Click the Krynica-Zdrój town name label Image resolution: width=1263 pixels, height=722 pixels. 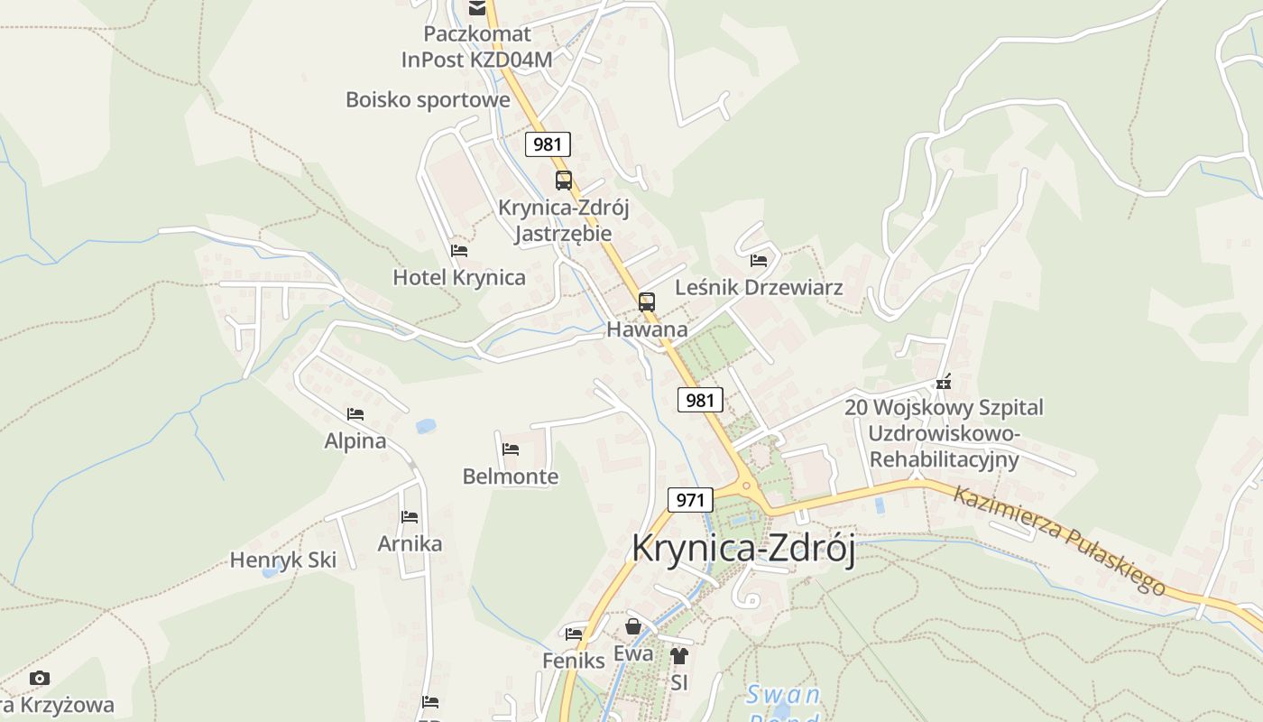click(x=743, y=549)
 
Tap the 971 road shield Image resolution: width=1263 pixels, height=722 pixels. click(x=690, y=500)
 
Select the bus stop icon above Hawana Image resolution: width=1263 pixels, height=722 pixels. click(x=646, y=302)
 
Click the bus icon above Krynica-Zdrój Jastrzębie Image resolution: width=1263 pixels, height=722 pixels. click(x=564, y=180)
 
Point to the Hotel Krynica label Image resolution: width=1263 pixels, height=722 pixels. click(x=459, y=277)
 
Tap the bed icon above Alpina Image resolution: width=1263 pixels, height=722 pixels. click(x=355, y=414)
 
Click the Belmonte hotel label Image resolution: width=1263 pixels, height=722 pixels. click(x=511, y=477)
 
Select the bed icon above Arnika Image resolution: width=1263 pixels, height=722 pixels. click(x=410, y=517)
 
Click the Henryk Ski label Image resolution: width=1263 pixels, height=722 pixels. click(x=283, y=560)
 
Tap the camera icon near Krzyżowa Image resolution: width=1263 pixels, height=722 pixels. click(x=40, y=678)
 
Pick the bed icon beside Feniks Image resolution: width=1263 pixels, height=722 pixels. click(x=574, y=634)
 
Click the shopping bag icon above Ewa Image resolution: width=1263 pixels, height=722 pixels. click(x=633, y=626)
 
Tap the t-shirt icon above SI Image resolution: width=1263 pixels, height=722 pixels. click(x=679, y=656)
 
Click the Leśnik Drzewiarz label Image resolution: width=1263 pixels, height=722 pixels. click(x=759, y=288)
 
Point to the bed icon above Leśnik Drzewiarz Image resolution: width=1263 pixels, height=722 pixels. click(x=759, y=261)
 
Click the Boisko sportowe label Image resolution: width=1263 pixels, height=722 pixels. click(x=428, y=99)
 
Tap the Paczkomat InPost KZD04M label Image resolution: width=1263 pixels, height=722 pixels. click(x=477, y=47)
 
